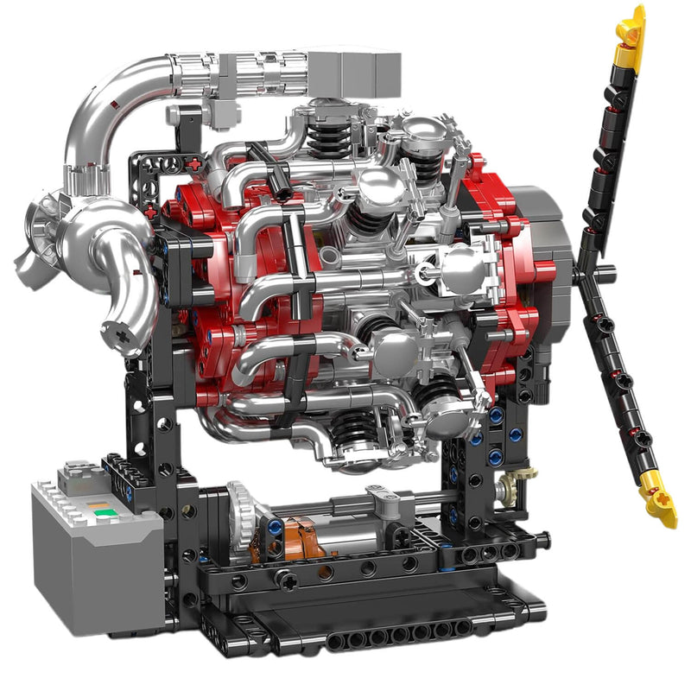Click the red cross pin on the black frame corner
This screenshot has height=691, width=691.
click(195, 163)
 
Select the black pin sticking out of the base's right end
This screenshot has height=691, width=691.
click(541, 542)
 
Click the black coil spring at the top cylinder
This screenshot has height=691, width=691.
click(326, 132)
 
